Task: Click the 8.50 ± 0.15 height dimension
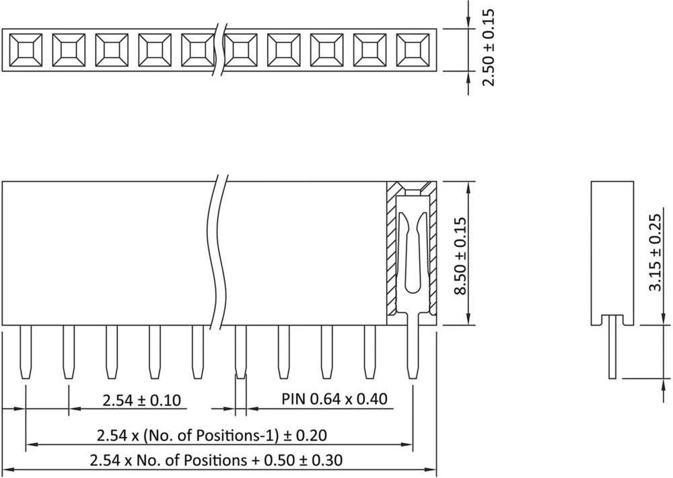(461, 256)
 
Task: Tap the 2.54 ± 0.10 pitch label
(141, 401)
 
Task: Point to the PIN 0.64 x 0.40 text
(334, 399)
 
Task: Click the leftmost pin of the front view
(25, 352)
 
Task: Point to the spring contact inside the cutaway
(411, 256)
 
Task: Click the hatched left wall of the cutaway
(391, 256)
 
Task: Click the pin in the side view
(613, 350)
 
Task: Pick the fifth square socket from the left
(196, 50)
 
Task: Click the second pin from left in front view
(68, 352)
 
